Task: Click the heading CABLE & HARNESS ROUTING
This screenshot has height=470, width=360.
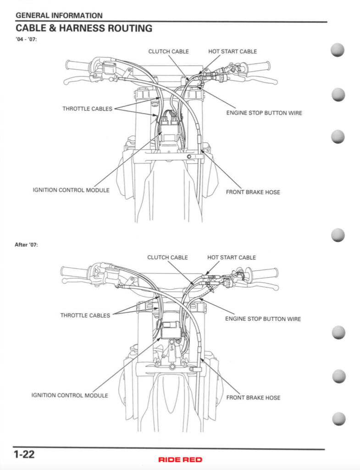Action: point(84,28)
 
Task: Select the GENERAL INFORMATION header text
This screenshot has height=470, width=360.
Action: point(59,16)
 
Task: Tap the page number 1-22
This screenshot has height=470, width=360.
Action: point(24,455)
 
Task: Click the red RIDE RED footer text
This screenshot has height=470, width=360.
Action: point(180,459)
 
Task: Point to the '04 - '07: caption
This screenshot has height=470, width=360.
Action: point(26,40)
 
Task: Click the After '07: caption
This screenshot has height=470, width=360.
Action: point(26,245)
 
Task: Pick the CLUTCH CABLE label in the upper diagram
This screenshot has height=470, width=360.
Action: point(168,51)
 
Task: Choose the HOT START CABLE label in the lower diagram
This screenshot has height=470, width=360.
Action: point(232,257)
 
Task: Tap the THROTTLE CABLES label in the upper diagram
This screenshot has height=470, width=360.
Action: point(87,109)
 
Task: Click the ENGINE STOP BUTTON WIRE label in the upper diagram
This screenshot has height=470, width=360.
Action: point(264,113)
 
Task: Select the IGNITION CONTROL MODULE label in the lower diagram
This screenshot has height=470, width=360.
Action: point(70,395)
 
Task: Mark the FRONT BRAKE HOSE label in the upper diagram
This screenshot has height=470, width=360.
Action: point(253,192)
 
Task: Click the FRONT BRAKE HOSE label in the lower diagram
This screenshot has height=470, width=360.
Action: point(253,397)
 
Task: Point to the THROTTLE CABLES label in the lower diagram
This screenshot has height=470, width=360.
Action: point(85,315)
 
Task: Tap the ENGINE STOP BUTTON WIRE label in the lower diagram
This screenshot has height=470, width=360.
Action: point(263,319)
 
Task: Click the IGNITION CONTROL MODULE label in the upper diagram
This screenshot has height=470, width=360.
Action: point(71,190)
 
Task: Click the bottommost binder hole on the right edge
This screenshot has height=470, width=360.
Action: point(338,419)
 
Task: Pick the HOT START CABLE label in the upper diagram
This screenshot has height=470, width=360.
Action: point(233,51)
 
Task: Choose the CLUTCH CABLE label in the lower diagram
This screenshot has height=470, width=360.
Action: point(167,257)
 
